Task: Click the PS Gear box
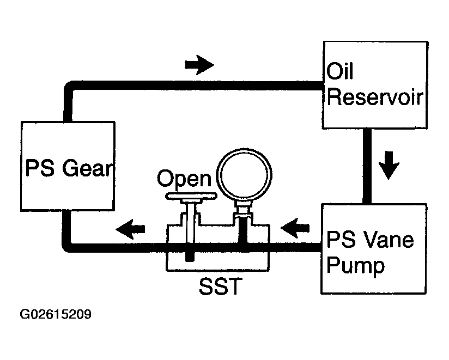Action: tap(68, 166)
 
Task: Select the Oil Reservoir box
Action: tap(375, 85)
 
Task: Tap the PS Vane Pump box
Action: tap(374, 249)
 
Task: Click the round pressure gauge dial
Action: tap(244, 175)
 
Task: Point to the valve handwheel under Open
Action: tap(191, 196)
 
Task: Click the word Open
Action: tap(184, 178)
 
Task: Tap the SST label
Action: tap(221, 286)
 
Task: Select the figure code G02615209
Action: tap(56, 314)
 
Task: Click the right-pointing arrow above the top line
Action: tap(199, 65)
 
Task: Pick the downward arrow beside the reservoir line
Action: tap(389, 166)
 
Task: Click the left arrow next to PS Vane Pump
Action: tap(295, 228)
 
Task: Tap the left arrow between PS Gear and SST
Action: tap(130, 229)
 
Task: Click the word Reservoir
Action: tap(375, 97)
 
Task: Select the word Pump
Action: tap(355, 266)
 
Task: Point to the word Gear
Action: tap(87, 168)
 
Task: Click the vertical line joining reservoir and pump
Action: tap(367, 166)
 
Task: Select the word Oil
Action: tap(339, 71)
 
